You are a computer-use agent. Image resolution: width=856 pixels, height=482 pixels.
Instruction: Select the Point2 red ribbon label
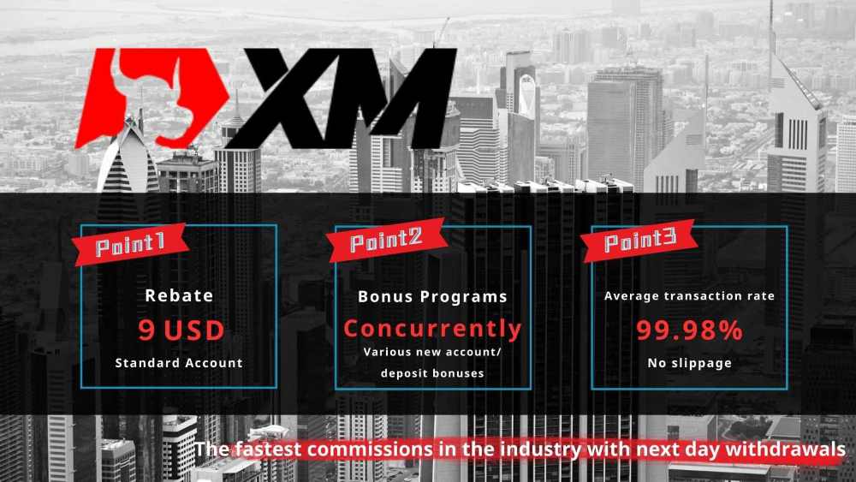pos(388,240)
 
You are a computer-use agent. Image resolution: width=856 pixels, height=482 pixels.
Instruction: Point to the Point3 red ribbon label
pos(640,242)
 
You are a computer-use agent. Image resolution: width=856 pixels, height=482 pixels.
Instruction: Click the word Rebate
pos(179,296)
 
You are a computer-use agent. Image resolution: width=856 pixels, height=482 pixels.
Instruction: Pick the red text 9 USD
pos(181,330)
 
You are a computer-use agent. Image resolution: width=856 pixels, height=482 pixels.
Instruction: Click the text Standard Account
pos(179,362)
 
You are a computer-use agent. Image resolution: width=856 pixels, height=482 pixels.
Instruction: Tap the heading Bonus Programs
pos(432,296)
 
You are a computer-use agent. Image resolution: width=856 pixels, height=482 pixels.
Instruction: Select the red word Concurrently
pos(432,329)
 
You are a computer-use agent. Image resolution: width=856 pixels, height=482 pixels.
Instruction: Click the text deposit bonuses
pos(432,373)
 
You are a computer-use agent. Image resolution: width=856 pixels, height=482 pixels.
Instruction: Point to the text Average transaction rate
pos(689,296)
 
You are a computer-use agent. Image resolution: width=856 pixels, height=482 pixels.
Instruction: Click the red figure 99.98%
pos(689,330)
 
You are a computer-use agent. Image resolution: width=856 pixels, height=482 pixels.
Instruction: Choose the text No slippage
pos(689,362)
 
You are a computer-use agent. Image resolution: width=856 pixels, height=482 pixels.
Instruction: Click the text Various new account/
pos(432,352)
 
